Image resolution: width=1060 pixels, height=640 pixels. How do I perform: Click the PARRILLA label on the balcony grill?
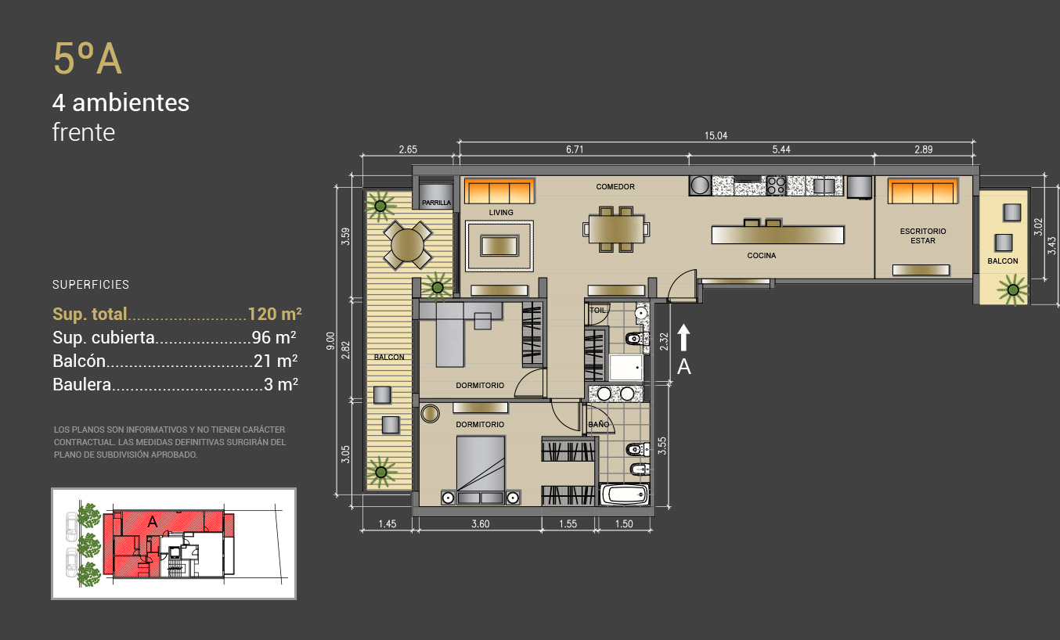coord(436,203)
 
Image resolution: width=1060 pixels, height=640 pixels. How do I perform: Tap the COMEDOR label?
coord(615,187)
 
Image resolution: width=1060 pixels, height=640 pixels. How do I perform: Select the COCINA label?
coord(762,255)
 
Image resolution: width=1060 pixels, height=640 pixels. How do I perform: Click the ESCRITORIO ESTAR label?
coord(923,236)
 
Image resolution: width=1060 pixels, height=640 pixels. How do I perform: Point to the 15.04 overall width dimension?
coord(716,136)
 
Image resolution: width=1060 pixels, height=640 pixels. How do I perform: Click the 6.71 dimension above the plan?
coord(575,149)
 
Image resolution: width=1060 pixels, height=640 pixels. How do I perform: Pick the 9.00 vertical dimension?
coord(330,340)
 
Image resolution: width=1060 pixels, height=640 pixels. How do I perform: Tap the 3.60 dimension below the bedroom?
coord(481,523)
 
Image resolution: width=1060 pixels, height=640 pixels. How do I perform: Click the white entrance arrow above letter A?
coord(683,337)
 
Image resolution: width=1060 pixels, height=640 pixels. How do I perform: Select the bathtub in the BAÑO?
coord(624,494)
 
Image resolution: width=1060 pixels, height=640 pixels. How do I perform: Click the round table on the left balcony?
coord(407,245)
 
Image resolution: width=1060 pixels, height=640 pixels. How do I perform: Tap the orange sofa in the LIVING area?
coord(499,191)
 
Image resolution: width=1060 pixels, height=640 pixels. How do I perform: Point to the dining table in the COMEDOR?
coord(616,229)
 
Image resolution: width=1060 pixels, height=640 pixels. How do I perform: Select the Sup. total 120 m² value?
coord(275,314)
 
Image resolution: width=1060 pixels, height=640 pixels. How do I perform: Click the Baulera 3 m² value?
coord(280,384)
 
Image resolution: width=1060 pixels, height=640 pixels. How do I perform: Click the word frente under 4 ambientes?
coord(84,132)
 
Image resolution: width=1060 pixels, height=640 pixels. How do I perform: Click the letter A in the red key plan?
coord(152,521)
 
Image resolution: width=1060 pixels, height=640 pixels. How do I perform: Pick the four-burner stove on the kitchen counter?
coord(776,185)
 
